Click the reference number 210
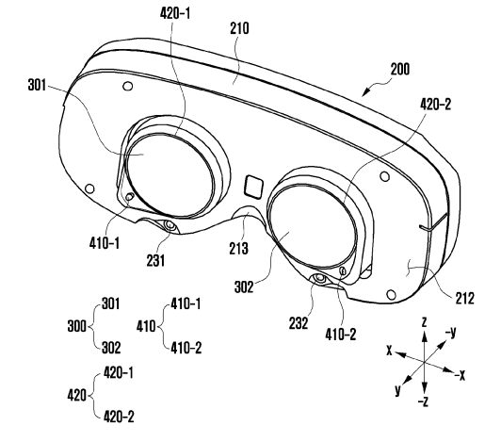[x=239, y=28]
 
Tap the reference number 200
[x=399, y=69]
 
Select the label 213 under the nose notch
[x=238, y=249]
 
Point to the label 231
[x=155, y=260]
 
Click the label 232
[x=299, y=323]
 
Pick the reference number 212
[x=464, y=299]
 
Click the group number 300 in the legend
[x=76, y=326]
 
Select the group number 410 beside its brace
[x=146, y=326]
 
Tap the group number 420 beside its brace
[x=76, y=396]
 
